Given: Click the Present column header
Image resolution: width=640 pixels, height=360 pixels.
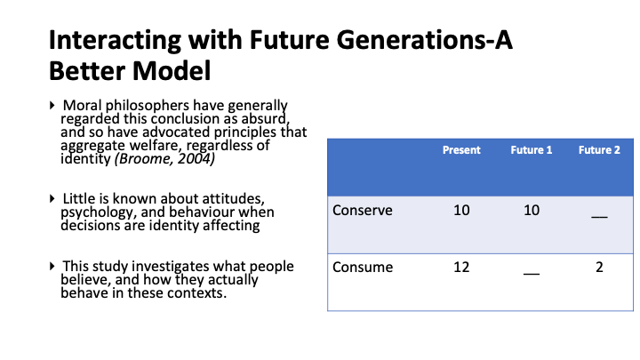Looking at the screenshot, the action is coord(461,150).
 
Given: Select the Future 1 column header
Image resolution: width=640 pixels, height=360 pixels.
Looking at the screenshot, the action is coord(531,150).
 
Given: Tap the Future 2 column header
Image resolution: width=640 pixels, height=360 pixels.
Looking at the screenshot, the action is coord(599,150).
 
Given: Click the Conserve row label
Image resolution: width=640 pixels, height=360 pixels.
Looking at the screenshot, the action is coord(363,210).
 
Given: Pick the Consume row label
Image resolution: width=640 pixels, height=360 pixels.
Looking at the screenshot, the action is coord(363,267).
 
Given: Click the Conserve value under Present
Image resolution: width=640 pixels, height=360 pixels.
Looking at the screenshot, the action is coord(461,210).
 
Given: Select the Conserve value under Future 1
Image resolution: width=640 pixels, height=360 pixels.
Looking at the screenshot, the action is coord(532,210).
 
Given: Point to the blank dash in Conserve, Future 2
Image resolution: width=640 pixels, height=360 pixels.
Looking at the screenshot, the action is coord(599,217).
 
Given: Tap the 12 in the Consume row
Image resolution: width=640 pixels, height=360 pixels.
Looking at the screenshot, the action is coord(461,267).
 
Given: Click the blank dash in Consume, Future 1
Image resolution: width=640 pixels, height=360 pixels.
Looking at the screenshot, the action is coord(532,274).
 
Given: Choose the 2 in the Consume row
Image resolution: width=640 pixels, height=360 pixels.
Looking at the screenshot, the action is coord(599,267).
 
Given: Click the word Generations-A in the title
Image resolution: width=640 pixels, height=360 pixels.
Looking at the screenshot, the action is coord(425,40).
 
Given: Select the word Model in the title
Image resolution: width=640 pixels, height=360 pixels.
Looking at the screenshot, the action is coord(172,70).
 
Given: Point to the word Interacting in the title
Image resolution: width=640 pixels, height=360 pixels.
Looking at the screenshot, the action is coord(115,41).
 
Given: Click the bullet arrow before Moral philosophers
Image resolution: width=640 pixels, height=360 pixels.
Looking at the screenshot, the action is coord(52,105).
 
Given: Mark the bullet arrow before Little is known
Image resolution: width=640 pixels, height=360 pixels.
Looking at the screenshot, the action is coord(52,199).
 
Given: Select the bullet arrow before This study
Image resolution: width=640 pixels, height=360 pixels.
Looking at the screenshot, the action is coord(52,266).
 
